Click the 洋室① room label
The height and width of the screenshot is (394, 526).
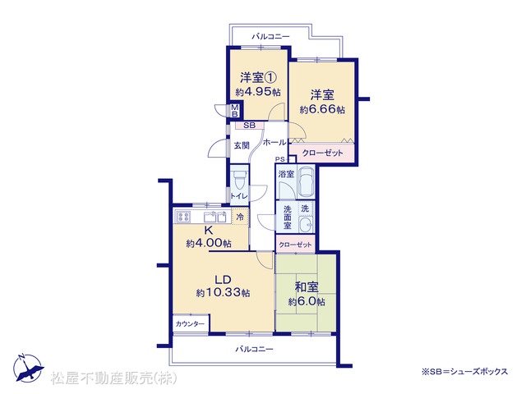click(258, 78)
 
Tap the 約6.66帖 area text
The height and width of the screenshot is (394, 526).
click(322, 109)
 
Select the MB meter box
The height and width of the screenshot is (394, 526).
click(235, 111)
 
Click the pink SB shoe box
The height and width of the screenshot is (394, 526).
click(249, 126)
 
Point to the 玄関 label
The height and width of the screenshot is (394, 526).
click(241, 146)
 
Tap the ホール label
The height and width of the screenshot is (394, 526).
click(275, 142)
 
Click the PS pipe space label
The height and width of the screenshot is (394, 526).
click(279, 159)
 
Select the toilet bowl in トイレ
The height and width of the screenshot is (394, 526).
click(239, 180)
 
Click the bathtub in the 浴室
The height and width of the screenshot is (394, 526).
click(306, 182)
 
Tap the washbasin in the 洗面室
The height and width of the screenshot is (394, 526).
click(306, 224)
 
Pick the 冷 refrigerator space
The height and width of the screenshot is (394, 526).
click(240, 217)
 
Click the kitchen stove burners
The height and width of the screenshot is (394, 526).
click(183, 217)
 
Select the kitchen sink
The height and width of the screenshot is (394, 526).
click(215, 217)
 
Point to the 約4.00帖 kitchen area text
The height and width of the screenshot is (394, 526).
click(209, 243)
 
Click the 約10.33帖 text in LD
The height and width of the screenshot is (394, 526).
click(223, 293)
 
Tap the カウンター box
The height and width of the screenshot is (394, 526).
click(191, 323)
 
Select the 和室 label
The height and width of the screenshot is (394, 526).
click(307, 287)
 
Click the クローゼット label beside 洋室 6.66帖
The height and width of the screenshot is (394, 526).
click(322, 153)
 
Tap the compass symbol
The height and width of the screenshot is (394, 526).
click(28, 368)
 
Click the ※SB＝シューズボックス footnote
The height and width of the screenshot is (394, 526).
click(464, 371)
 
